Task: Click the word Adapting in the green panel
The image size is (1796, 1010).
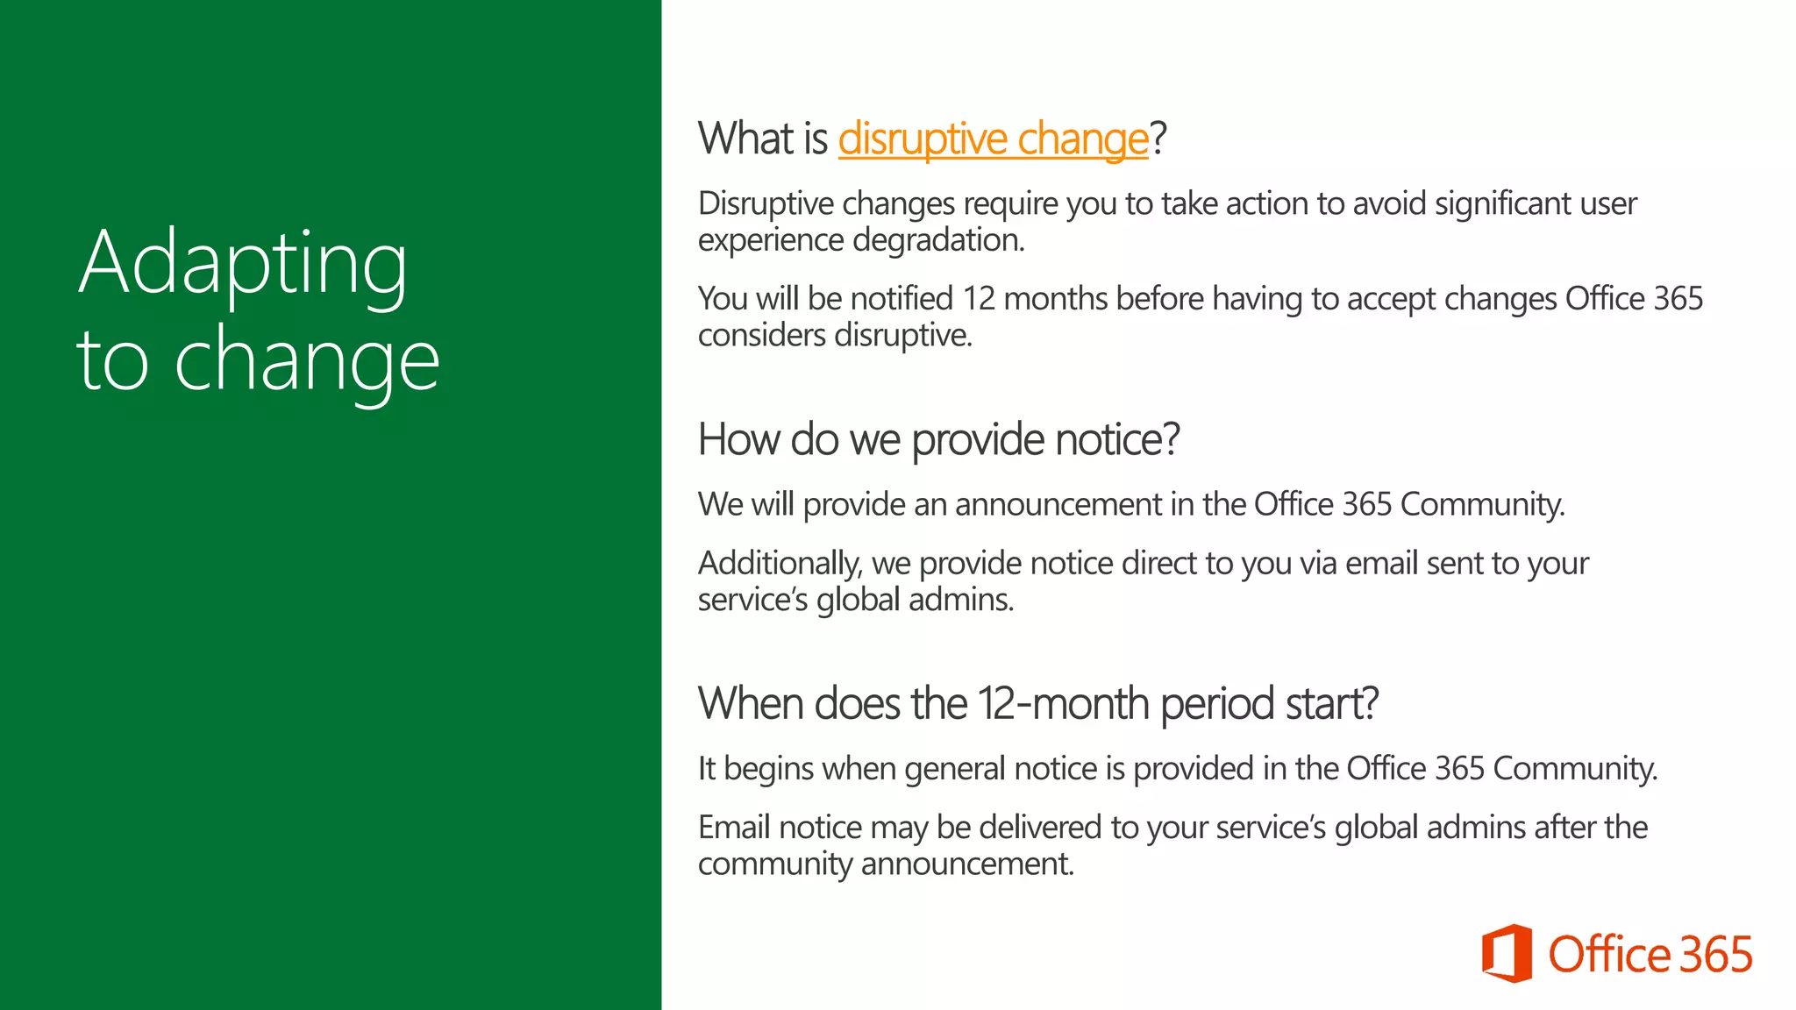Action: coord(243,264)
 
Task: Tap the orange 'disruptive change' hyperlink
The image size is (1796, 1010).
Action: coord(993,139)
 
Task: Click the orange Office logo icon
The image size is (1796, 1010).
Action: coord(1507,953)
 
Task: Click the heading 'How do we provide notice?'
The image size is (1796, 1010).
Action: coord(938,439)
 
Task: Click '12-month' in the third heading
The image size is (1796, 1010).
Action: coord(1063,704)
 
